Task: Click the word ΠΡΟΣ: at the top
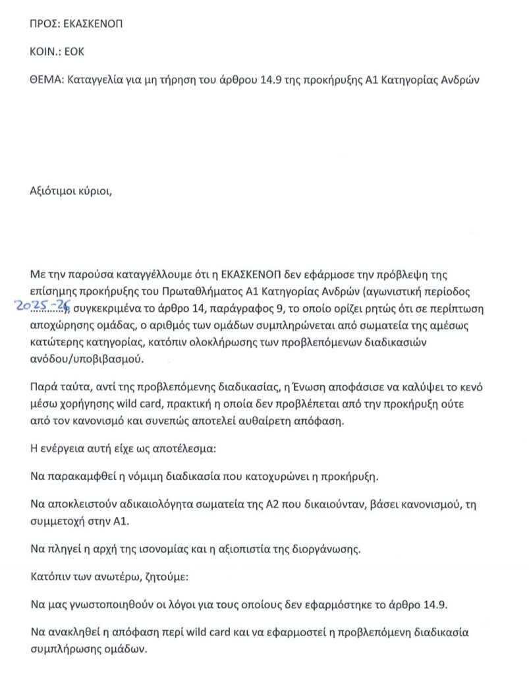45,24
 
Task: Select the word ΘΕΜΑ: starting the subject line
46,80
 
